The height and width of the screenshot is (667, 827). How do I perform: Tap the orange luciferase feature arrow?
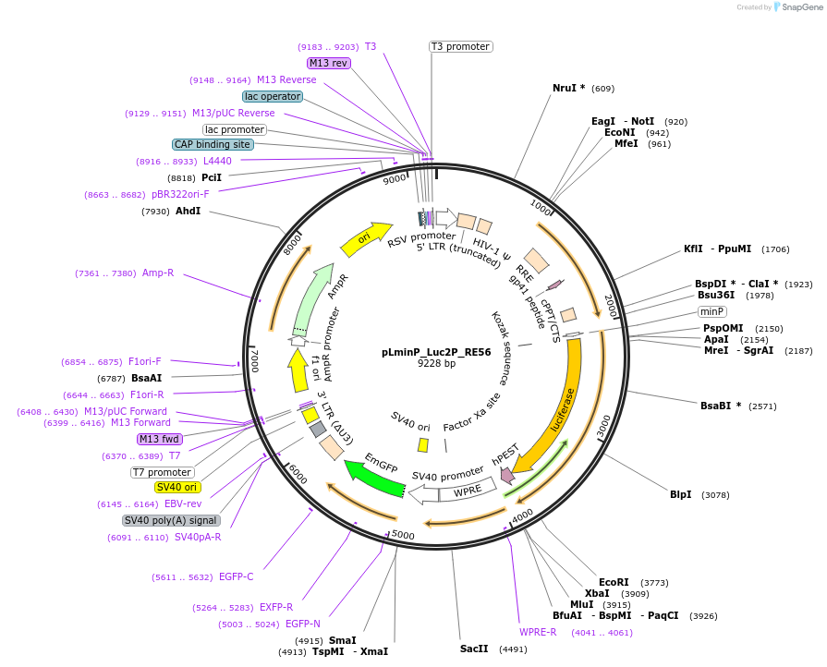click(562, 406)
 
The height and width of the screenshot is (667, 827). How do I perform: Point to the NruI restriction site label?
click(568, 88)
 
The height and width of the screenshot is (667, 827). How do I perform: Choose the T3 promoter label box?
click(460, 46)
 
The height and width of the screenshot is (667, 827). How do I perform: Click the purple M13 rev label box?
click(328, 63)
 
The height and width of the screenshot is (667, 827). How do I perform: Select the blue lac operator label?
click(272, 96)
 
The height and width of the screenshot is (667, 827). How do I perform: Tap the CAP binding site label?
click(212, 144)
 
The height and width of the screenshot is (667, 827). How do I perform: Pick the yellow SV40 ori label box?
click(177, 487)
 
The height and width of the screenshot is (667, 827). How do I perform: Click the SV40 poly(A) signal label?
click(171, 520)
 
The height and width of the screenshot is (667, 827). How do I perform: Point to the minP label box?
click(711, 311)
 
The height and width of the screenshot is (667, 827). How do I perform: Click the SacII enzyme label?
click(473, 649)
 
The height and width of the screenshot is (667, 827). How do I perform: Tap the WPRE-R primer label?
click(538, 632)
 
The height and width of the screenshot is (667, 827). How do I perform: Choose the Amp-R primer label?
click(158, 273)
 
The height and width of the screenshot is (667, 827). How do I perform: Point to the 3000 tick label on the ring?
click(603, 426)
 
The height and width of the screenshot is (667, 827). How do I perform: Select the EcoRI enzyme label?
click(614, 582)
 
